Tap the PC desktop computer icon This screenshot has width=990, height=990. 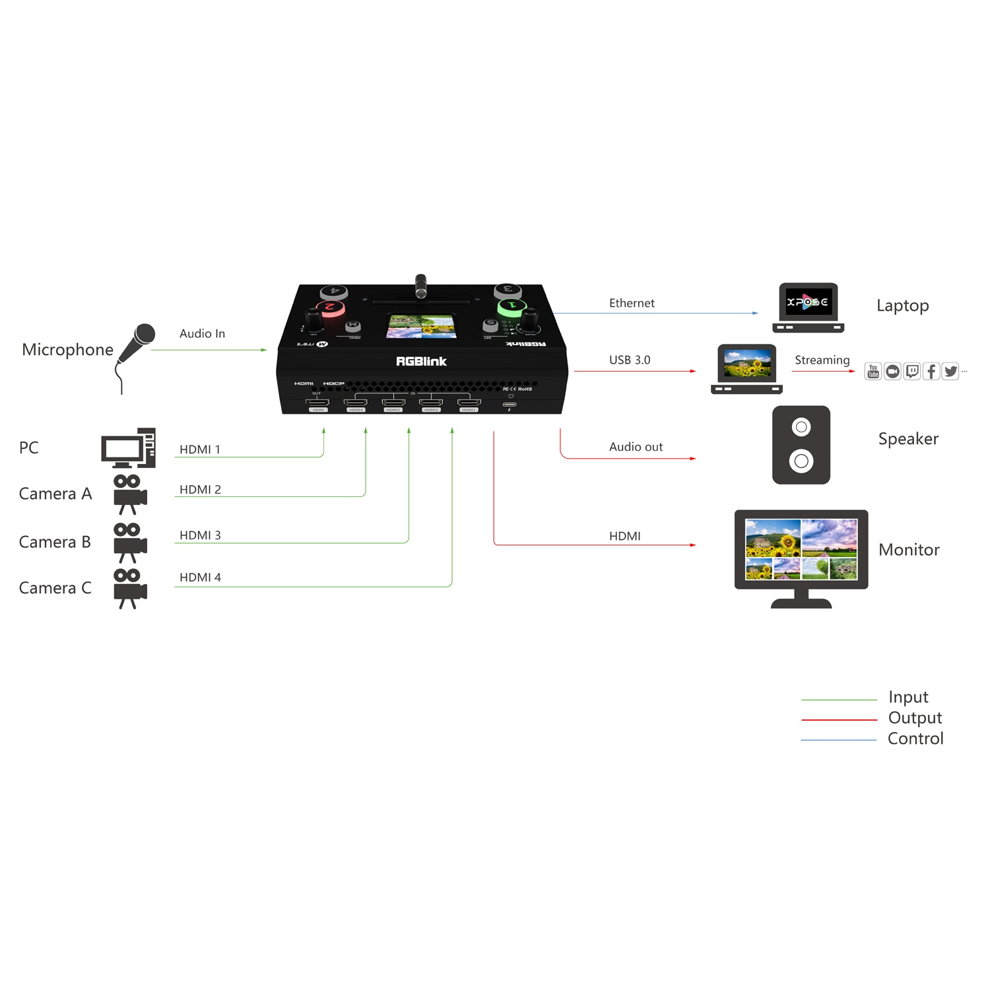[129, 448]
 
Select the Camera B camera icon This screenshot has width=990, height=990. [129, 542]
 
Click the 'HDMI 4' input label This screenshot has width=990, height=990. [200, 577]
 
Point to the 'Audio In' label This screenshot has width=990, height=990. [202, 334]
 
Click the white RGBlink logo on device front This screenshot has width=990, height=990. [421, 361]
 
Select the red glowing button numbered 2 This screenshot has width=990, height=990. [330, 307]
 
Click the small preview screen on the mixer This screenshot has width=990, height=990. [421, 327]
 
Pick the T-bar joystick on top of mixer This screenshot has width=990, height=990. [420, 286]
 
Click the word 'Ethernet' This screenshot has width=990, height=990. [632, 303]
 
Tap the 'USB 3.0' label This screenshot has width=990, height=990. [630, 360]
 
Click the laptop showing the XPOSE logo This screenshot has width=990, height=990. [808, 307]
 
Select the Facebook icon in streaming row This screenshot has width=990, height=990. [931, 372]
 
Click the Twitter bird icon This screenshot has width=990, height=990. [950, 372]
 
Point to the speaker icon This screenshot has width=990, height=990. [801, 445]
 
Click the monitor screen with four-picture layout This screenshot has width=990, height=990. [801, 549]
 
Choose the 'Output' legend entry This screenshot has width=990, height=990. [915, 718]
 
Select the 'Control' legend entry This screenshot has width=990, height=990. [915, 739]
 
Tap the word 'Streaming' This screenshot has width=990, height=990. [822, 360]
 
